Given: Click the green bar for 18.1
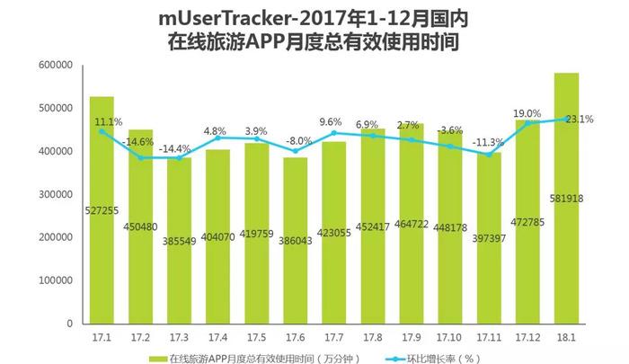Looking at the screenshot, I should pyautogui.click(x=566, y=198).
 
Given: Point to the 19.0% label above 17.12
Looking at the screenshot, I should pyautogui.click(x=527, y=113).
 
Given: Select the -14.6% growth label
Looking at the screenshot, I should pyautogui.click(x=139, y=141).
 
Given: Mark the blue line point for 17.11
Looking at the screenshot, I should pyautogui.click(x=489, y=155).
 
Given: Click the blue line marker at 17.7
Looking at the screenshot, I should pyautogui.click(x=334, y=133).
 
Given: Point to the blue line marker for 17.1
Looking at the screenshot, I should pyautogui.click(x=102, y=131).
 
